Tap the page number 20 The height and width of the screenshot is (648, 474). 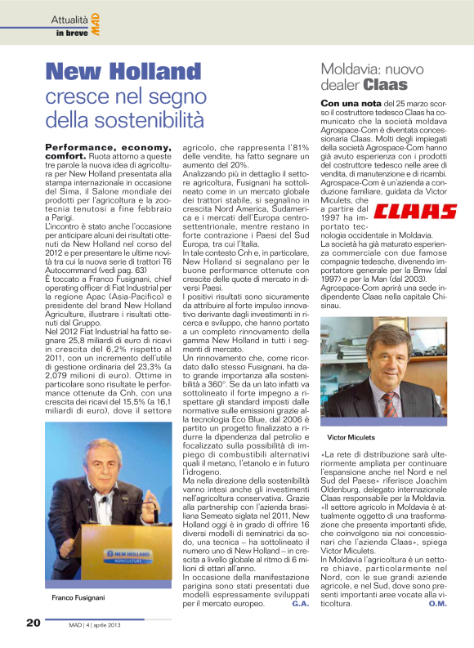33,623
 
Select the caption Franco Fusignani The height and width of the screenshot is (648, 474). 79,599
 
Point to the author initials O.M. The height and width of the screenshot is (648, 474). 438,604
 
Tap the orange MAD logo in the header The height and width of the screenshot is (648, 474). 96,24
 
